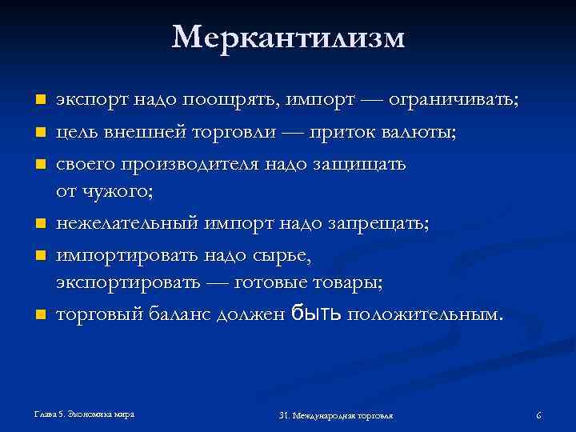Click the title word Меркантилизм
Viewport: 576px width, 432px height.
[288, 38]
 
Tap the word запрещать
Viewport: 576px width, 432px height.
[379, 223]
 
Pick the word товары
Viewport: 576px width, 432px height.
[344, 283]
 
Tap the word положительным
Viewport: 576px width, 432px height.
[426, 314]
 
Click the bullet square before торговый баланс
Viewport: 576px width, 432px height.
[38, 314]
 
